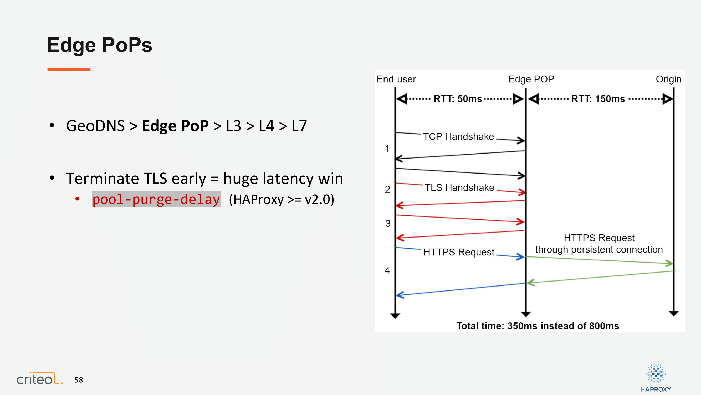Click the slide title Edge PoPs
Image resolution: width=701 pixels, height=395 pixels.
[x=99, y=45]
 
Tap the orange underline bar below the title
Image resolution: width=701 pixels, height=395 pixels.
[x=69, y=70]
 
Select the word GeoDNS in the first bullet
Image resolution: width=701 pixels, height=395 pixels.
[x=95, y=126]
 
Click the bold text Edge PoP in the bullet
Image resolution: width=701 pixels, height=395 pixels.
[x=175, y=126]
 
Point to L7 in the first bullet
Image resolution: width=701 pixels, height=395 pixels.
[x=299, y=126]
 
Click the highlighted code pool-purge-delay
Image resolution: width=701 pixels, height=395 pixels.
[x=156, y=199]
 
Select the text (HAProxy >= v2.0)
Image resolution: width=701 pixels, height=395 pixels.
[x=282, y=199]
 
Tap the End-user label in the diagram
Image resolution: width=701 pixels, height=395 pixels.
[x=396, y=79]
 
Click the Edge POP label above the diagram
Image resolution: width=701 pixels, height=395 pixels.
[x=531, y=79]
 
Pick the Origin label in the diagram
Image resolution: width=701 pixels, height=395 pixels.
[x=669, y=79]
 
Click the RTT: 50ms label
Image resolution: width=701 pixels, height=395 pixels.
[x=458, y=99]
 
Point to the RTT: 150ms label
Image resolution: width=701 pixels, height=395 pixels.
[x=598, y=99]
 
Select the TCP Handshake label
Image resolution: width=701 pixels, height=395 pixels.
[x=459, y=136]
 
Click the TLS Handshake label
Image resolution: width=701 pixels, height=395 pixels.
[x=460, y=187]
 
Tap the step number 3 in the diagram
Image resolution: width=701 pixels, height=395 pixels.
[x=388, y=224]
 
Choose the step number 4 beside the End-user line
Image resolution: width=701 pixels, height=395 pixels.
[x=387, y=270]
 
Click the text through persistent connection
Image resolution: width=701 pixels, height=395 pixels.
[x=599, y=249]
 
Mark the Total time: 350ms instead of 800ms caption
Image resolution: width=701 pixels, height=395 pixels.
[x=538, y=326]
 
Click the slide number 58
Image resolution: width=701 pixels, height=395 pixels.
[x=79, y=380]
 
